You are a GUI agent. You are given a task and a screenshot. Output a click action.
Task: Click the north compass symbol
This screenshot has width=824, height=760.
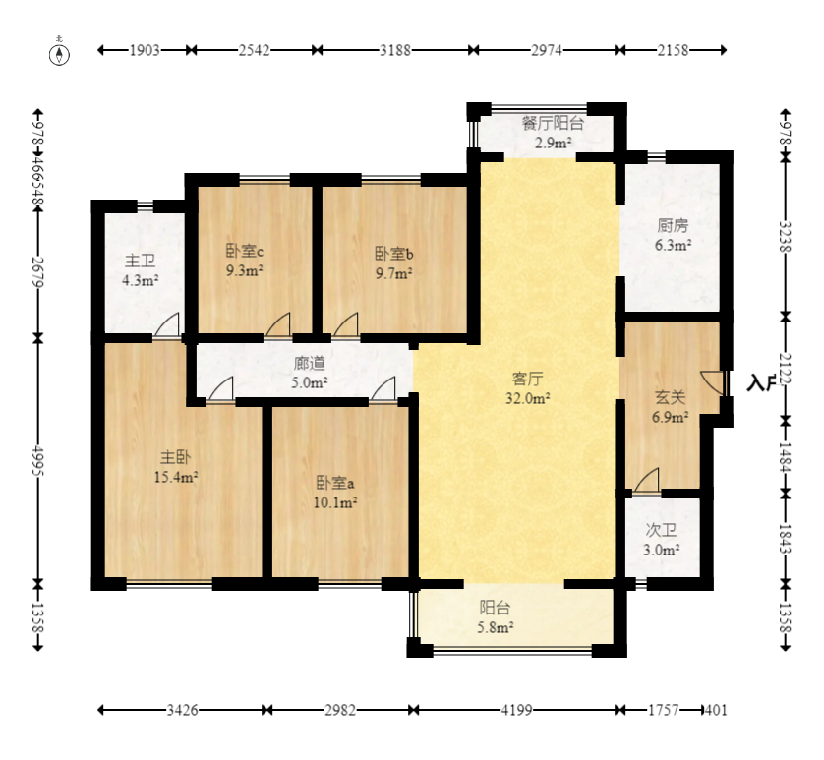[x=59, y=54]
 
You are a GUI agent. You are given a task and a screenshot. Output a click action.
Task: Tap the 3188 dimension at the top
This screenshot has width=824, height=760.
[x=395, y=50]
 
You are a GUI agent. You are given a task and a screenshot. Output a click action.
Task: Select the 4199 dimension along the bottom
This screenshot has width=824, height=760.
[x=516, y=711]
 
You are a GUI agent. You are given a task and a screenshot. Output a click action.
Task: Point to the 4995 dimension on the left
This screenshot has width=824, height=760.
[x=37, y=461]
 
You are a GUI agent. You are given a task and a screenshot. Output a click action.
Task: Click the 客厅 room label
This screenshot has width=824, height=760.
[x=527, y=379]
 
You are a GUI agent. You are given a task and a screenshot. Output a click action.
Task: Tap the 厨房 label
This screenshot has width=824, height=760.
[x=673, y=226]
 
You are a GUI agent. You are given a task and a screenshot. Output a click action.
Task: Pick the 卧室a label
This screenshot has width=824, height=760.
[x=334, y=483]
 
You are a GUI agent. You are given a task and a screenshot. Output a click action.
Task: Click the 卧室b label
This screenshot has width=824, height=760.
[x=394, y=254]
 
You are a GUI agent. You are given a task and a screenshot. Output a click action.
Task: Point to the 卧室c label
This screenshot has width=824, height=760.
[x=245, y=251]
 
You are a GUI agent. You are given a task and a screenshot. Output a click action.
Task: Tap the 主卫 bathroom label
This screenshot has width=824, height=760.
[x=140, y=261]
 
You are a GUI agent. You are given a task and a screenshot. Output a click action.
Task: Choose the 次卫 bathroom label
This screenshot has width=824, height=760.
[x=661, y=530]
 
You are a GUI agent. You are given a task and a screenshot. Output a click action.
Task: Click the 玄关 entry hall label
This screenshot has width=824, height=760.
[x=670, y=397]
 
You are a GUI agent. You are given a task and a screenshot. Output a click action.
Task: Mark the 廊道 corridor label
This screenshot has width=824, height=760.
[x=309, y=363]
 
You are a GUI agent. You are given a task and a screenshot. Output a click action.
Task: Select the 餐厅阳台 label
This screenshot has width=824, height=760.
[x=553, y=124]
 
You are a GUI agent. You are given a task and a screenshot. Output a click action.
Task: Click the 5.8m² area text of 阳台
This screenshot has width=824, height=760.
[x=495, y=627]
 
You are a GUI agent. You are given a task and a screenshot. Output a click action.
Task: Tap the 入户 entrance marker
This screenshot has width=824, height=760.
[x=761, y=383]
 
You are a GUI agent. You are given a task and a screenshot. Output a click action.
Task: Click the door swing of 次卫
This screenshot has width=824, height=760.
[x=647, y=480]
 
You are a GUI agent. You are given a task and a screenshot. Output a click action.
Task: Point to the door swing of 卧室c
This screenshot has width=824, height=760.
[x=277, y=324]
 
